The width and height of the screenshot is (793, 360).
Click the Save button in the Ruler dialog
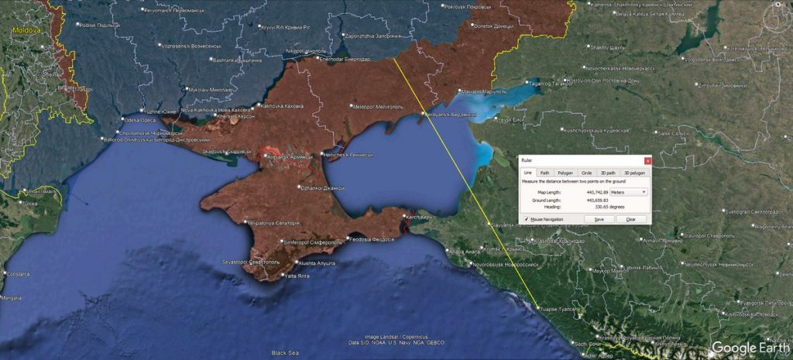point(599,220)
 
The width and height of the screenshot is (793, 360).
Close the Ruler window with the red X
point(647,160)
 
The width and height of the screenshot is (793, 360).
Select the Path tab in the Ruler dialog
point(545,173)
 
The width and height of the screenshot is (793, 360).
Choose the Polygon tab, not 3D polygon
point(565,173)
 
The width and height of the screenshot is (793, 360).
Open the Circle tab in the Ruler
point(586,173)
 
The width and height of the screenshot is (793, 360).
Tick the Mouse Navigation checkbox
point(527,220)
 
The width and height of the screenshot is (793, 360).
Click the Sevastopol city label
point(251,262)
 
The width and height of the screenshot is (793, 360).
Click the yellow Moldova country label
point(26,29)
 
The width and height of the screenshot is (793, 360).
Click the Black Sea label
point(284,352)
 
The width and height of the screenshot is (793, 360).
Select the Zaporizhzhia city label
point(376,36)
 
